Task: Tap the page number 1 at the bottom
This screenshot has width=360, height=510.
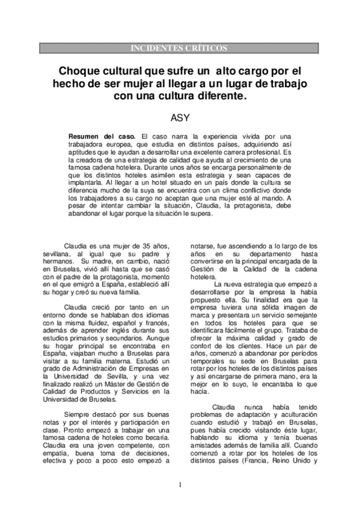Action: (x=180, y=484)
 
